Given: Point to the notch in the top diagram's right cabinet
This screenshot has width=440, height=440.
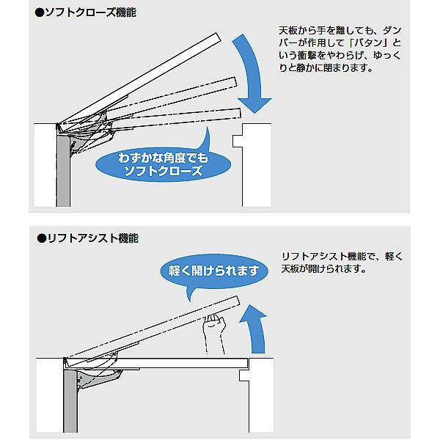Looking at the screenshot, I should pyautogui.click(x=236, y=139).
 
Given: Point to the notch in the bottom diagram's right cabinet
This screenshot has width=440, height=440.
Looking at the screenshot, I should pyautogui.click(x=244, y=376).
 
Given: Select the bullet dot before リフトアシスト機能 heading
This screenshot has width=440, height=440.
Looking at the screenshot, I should pyautogui.click(x=41, y=238).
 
